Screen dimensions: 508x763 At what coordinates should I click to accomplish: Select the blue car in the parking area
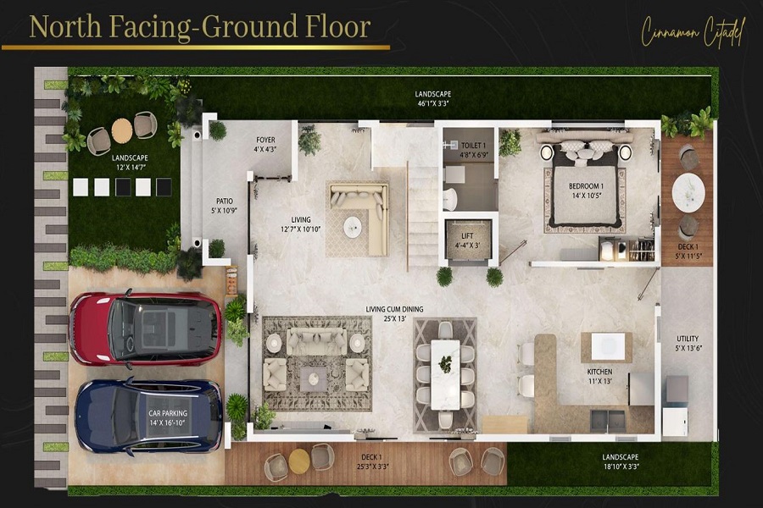(x=148, y=416)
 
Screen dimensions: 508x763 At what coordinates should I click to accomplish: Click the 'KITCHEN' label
(x=599, y=372)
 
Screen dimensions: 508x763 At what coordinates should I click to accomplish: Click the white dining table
(x=444, y=373)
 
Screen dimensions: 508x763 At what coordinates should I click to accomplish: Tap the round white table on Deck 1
(x=688, y=192)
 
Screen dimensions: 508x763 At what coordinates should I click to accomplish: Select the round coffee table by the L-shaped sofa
(x=351, y=224)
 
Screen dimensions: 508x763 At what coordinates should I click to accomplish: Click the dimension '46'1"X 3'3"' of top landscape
(x=432, y=103)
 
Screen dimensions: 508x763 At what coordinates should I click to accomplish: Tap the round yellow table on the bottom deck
(x=299, y=461)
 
